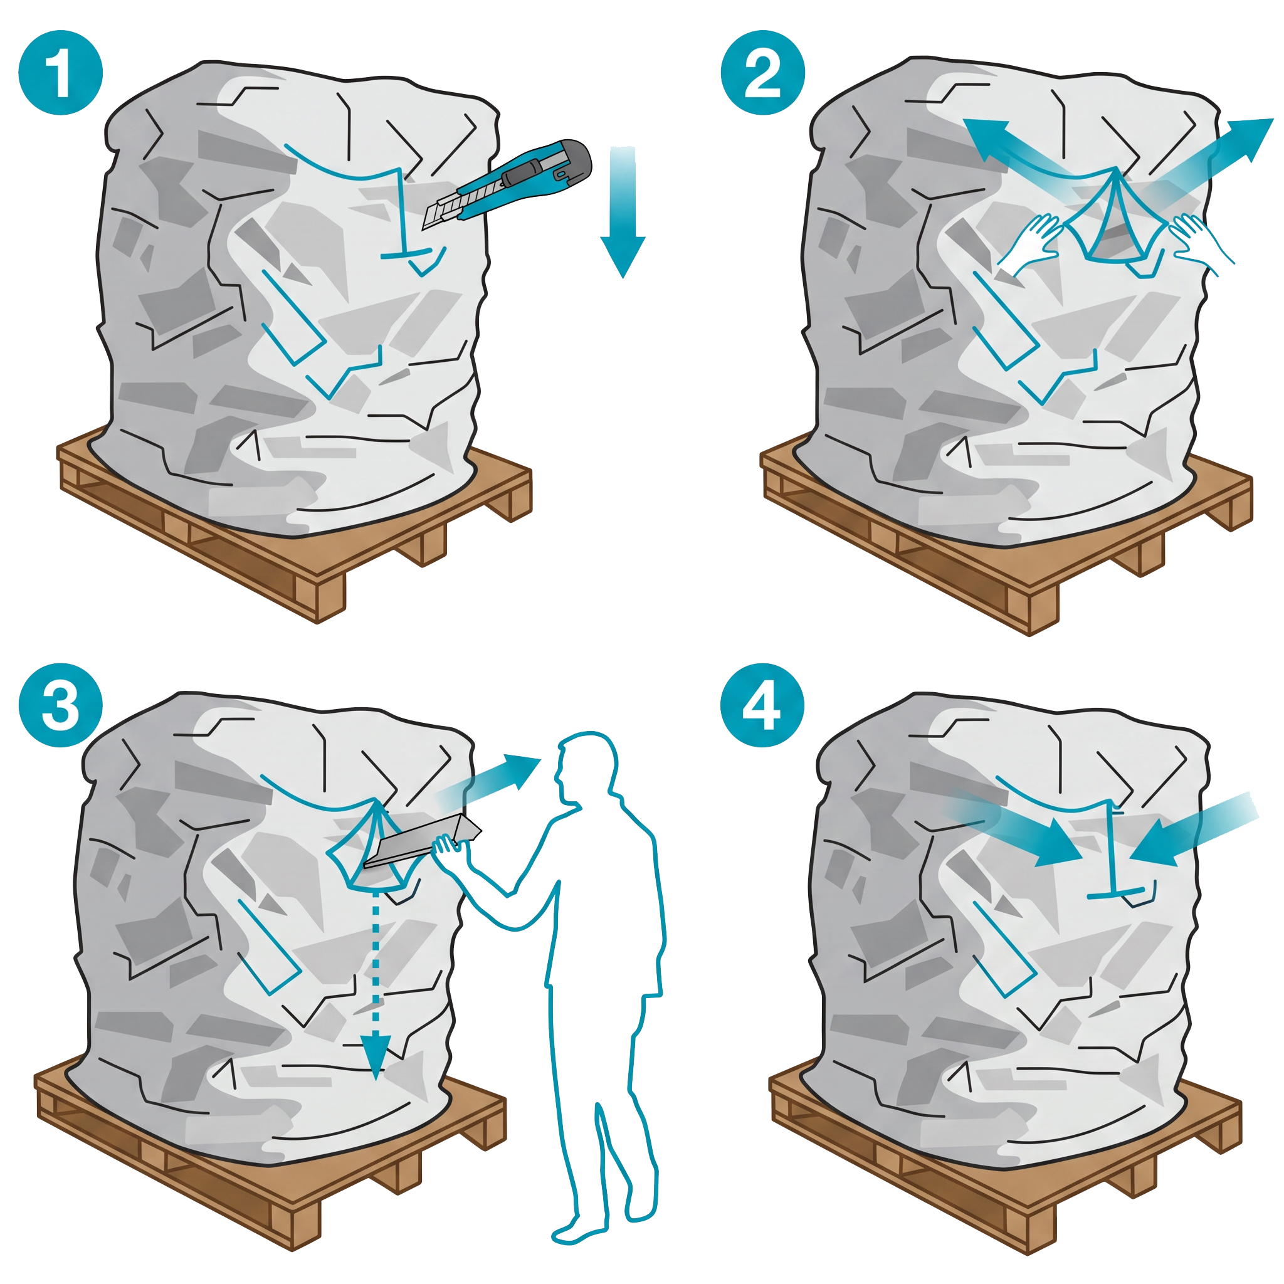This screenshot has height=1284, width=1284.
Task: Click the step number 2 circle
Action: coord(762,73)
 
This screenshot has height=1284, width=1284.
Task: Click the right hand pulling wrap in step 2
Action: coord(1196,239)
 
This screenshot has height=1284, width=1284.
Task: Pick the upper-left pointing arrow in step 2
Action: coord(1017,150)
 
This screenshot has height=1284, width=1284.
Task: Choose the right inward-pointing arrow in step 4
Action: coord(1189,828)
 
